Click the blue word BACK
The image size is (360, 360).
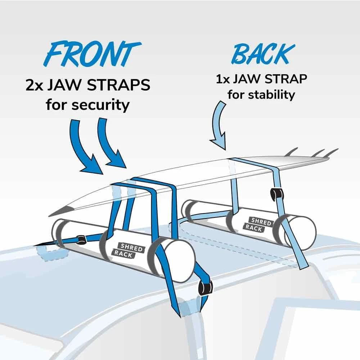[263, 54]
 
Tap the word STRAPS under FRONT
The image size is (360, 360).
[118, 85]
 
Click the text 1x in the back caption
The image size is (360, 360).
[222, 79]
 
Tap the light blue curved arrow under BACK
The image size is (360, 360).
[219, 126]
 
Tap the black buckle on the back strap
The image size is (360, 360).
[277, 194]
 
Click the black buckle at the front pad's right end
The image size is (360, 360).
[205, 287]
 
